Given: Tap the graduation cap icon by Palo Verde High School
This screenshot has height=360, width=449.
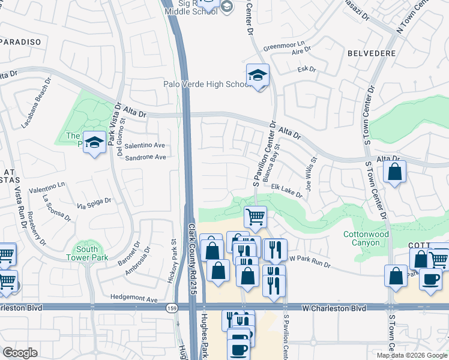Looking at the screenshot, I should [x=258, y=75].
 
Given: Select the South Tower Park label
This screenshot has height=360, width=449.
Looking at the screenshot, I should [x=87, y=254].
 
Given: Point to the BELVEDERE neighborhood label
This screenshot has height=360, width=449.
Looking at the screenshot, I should [x=372, y=53].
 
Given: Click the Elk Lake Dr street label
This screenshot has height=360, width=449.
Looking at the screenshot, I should [x=285, y=188].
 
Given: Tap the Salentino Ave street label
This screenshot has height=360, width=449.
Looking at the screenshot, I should [x=145, y=146].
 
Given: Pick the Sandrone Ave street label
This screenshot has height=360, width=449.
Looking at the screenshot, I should [x=145, y=158].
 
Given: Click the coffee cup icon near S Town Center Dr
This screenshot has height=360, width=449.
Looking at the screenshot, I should [x=429, y=279].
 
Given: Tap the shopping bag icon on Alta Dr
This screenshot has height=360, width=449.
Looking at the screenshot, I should [x=395, y=172].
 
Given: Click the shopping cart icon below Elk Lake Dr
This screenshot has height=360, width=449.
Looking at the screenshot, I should [x=256, y=217].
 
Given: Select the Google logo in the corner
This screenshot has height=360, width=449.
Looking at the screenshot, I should [x=20, y=353].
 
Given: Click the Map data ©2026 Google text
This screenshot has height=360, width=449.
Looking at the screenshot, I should [x=413, y=355].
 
